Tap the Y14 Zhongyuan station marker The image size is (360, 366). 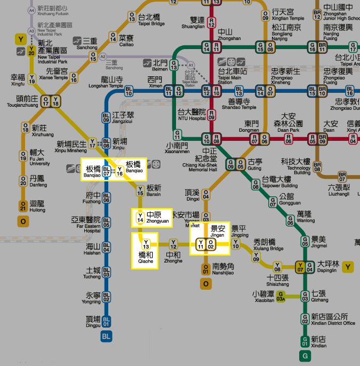140,217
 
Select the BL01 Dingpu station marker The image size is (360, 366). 106,321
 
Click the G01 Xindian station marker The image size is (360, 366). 305,340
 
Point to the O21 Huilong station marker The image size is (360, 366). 23,205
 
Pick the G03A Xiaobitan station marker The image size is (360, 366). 281,298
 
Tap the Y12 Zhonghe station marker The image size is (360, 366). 173,244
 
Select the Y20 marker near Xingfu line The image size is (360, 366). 31,51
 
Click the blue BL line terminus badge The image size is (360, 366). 106,337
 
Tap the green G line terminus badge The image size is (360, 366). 305,355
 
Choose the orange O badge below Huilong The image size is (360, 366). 23,221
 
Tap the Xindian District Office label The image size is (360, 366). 333,320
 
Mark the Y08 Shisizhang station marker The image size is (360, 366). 277,266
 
